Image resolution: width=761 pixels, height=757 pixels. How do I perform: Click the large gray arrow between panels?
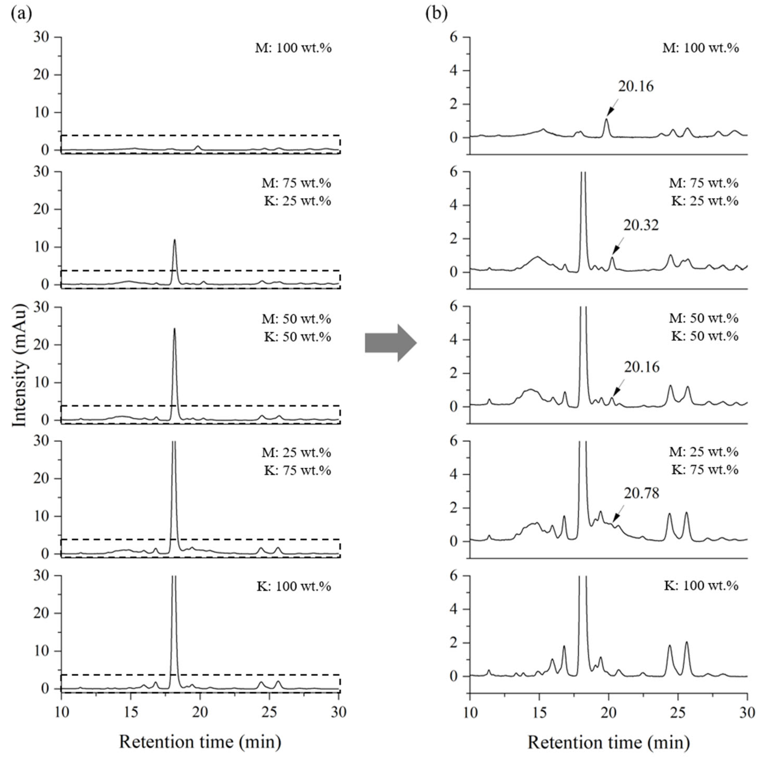[390, 343]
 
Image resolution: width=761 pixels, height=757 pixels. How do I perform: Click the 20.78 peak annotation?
[641, 493]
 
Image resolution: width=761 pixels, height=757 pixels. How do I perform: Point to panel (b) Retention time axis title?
[609, 742]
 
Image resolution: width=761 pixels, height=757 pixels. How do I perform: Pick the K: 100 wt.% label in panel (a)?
[294, 586]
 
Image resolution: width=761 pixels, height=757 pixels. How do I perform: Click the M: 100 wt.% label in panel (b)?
[701, 48]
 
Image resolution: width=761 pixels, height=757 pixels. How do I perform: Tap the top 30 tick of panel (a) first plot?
[41, 37]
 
